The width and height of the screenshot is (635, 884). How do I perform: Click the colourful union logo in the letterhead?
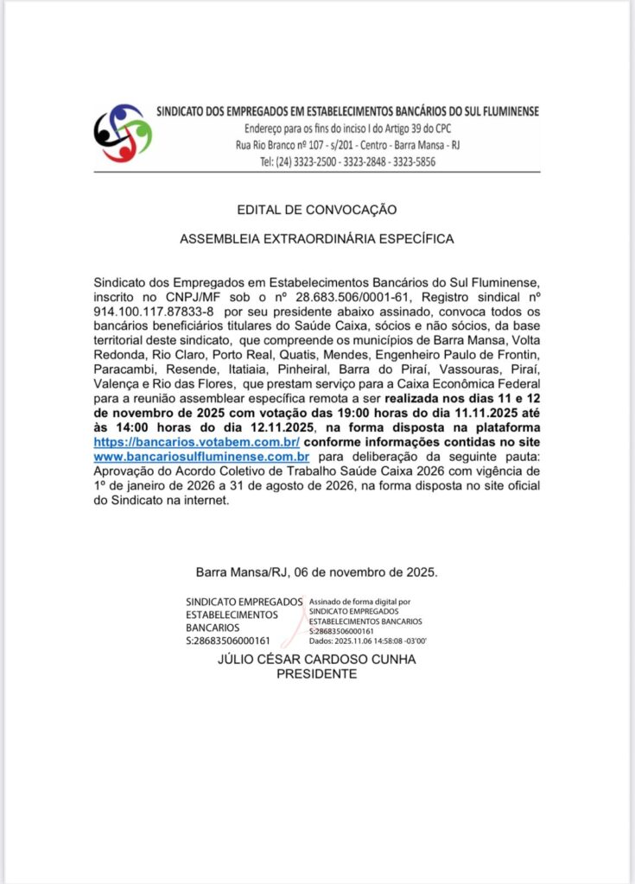coord(122,133)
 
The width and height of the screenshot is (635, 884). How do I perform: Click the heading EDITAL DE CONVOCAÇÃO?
coord(316,210)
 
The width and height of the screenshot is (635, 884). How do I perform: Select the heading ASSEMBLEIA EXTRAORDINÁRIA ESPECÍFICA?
coord(316,238)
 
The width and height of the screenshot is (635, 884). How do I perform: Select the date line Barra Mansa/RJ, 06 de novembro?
coord(316,571)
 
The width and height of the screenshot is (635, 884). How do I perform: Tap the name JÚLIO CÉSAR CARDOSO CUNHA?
coord(316,660)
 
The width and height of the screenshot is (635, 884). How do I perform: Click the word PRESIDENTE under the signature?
coord(316,674)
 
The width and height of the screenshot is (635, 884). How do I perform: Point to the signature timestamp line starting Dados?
coord(368,641)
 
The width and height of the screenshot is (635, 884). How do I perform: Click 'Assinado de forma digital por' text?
coord(359,601)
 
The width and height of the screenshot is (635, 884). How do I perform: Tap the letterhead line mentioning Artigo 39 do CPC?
coord(347,129)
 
